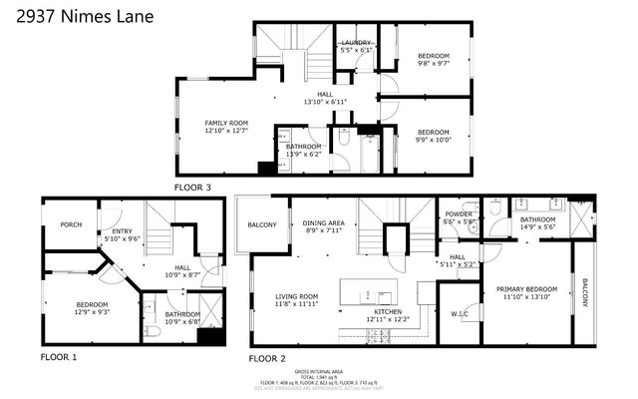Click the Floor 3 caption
click(x=193, y=187)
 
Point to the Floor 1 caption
click(x=59, y=356)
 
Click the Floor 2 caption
click(x=267, y=357)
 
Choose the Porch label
click(x=70, y=225)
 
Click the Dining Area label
click(x=324, y=226)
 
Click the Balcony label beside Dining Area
click(x=262, y=225)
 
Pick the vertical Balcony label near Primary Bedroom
click(x=584, y=293)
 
